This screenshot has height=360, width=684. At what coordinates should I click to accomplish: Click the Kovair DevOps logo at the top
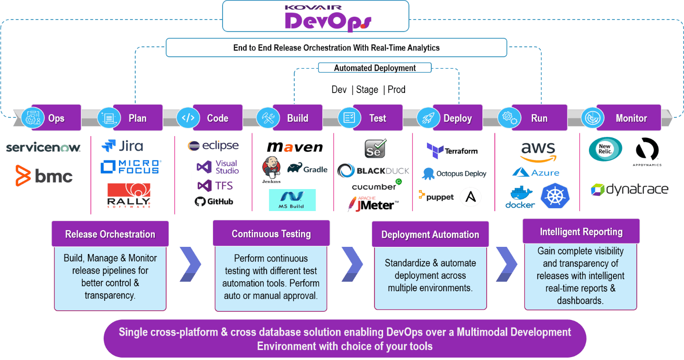tap(315, 18)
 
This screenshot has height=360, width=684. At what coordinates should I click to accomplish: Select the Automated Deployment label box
tap(374, 68)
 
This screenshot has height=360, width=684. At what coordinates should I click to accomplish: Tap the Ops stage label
tap(56, 118)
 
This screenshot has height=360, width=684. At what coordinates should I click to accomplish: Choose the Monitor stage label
tap(631, 118)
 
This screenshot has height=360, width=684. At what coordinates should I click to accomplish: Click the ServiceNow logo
tap(43, 147)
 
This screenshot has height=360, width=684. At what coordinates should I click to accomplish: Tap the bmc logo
tap(44, 176)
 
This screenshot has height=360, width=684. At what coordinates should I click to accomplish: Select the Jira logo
tap(122, 146)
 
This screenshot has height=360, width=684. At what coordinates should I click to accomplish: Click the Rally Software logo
tap(129, 195)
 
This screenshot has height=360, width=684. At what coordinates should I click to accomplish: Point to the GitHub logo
tap(214, 201)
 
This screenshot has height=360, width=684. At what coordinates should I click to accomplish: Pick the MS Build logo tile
tap(292, 200)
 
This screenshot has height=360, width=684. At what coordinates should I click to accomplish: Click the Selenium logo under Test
tap(375, 149)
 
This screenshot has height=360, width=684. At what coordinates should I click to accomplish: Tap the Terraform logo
tap(452, 150)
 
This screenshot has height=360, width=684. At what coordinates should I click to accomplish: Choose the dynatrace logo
tap(630, 190)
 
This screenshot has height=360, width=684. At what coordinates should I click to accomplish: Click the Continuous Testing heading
tap(271, 233)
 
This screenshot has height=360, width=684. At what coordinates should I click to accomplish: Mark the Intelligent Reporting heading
tap(581, 232)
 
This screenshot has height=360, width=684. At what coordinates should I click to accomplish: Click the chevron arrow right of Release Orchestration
tap(190, 264)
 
